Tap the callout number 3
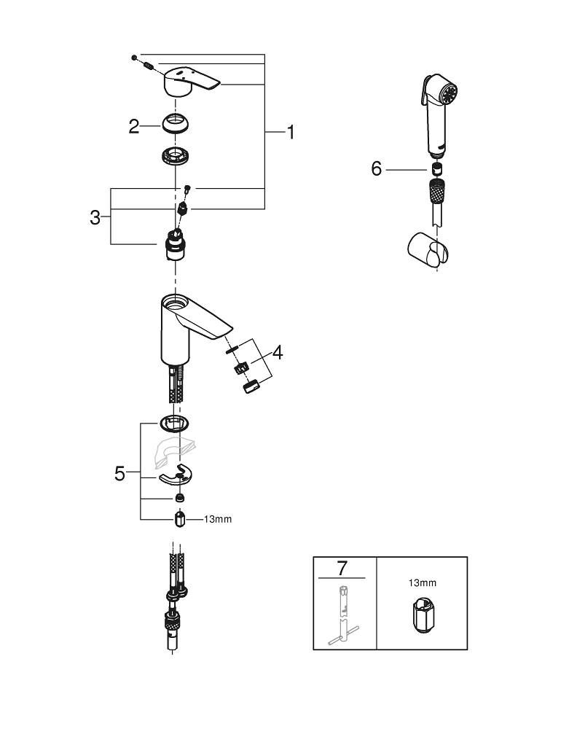click(95, 217)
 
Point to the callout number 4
click(278, 353)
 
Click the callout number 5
click(119, 473)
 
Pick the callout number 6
click(376, 169)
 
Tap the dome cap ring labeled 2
click(177, 123)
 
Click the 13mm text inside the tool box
click(423, 583)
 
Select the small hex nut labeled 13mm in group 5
click(181, 520)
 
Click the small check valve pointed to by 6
click(439, 171)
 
